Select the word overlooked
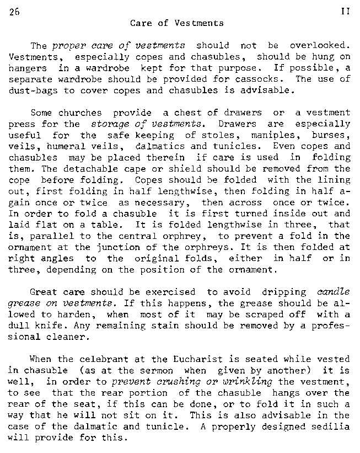(320, 45)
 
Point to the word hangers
(28, 68)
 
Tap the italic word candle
(334, 292)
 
